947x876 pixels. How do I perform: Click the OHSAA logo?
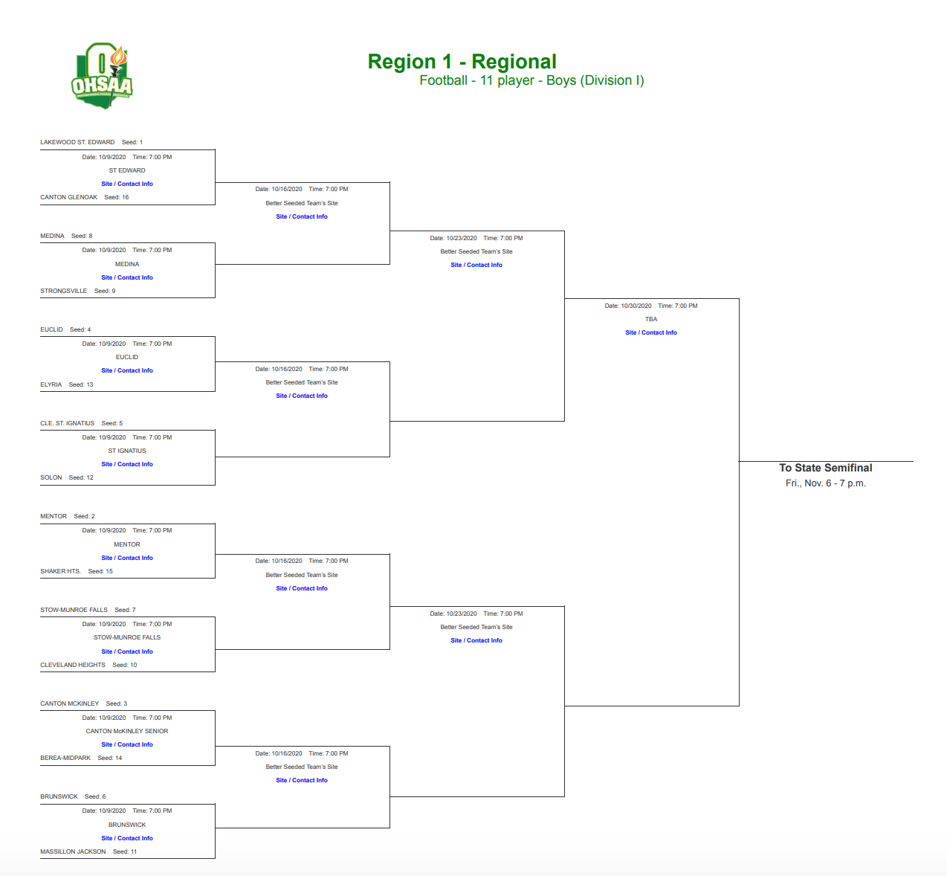coord(103,76)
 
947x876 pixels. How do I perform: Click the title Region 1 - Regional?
coord(462,62)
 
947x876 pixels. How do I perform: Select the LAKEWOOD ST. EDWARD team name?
coord(77,142)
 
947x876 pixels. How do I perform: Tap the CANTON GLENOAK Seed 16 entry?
coord(84,197)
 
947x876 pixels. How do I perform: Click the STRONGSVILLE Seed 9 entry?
coord(77,291)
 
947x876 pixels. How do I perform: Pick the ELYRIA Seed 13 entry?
coord(66,384)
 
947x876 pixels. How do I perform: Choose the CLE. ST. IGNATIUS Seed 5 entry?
coord(81,423)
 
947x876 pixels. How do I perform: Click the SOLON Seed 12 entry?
coord(66,477)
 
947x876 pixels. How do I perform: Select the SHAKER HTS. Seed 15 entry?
coord(76,571)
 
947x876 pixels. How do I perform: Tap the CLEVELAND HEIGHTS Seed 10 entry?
coord(88,665)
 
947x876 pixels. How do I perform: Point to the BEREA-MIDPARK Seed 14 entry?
coord(80,758)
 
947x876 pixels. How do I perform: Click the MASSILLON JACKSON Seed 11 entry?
coord(88,851)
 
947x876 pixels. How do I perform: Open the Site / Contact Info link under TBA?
coord(651,332)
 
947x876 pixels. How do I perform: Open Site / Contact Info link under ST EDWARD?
coord(127,184)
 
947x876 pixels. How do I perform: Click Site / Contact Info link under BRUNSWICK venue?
coord(127,838)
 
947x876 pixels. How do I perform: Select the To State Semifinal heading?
coord(826,468)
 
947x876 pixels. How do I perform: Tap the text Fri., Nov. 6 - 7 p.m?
coord(826,483)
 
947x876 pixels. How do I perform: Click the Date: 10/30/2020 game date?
coord(628,306)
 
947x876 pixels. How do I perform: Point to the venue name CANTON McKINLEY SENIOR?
coord(127,731)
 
